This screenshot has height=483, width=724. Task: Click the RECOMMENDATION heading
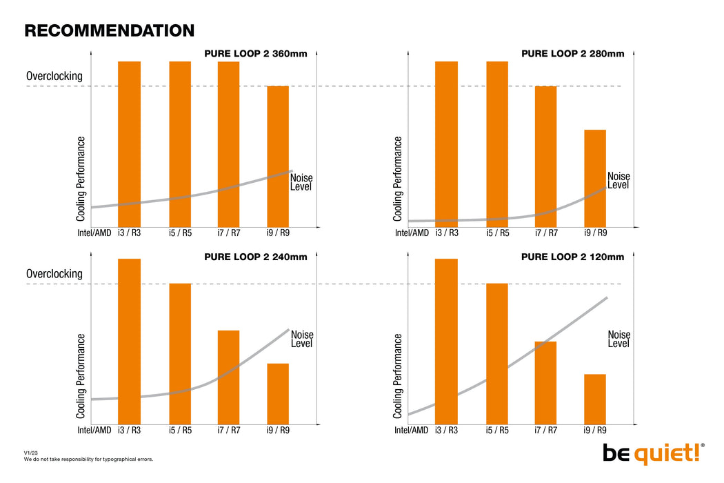pyautogui.click(x=109, y=30)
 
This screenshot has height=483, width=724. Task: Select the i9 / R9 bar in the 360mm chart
pyautogui.click(x=278, y=156)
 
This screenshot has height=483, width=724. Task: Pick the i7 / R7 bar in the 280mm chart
pyautogui.click(x=545, y=156)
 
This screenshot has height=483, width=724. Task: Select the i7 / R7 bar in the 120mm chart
pyautogui.click(x=545, y=382)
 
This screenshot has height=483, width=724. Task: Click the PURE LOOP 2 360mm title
pyautogui.click(x=255, y=53)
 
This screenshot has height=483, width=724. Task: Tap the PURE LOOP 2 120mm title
pyautogui.click(x=572, y=257)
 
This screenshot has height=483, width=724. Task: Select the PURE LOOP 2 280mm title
pyautogui.click(x=572, y=53)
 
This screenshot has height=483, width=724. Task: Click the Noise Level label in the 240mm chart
pyautogui.click(x=301, y=338)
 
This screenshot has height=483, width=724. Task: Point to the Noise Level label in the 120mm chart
pyautogui.click(x=619, y=338)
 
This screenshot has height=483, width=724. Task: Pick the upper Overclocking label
pyautogui.click(x=54, y=76)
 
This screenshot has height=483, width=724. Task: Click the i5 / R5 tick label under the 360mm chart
pyautogui.click(x=180, y=233)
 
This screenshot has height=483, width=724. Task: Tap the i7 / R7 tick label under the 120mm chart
pyautogui.click(x=545, y=430)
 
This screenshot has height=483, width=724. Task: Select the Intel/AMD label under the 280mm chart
pyautogui.click(x=412, y=233)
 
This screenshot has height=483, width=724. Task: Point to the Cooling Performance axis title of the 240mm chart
pyautogui.click(x=81, y=376)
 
